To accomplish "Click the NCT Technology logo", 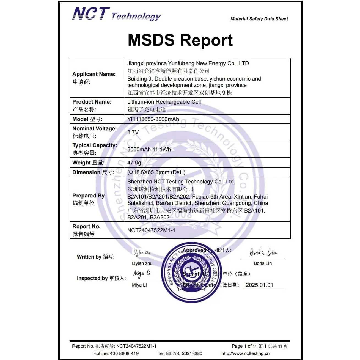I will tap(116, 14).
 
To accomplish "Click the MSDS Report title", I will tap(180, 40).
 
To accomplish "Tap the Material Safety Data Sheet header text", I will tap(259, 19).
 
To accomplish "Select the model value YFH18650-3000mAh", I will tap(153, 119).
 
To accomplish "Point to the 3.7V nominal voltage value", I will tap(133, 132).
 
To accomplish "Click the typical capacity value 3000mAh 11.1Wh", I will tap(149, 149).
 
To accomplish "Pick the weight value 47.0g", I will tap(134, 163).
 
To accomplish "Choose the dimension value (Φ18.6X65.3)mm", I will tap(156, 172).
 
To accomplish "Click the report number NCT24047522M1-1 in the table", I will tap(151, 230).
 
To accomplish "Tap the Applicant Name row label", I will tap(94, 74).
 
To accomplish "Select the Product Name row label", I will tap(92, 102).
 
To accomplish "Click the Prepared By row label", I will tap(88, 196).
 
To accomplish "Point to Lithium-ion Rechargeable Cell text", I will tap(164, 102).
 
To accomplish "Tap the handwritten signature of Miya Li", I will tap(142, 273).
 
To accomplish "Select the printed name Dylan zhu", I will tap(142, 263).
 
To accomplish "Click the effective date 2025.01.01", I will tap(259, 285).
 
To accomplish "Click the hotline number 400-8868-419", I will tap(124, 353).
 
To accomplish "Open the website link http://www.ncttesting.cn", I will tap(245, 353).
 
